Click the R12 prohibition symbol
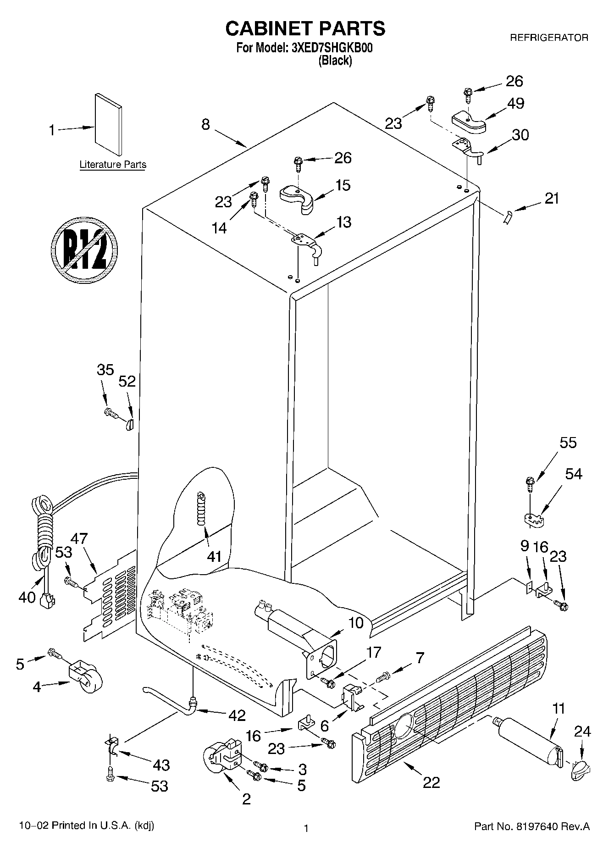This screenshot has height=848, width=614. tap(84, 249)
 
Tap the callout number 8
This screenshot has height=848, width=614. tap(205, 124)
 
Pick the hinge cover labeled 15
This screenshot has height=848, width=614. tap(297, 198)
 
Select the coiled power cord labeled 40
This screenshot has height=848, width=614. tap(44, 532)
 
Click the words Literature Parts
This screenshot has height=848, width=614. tap(113, 165)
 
